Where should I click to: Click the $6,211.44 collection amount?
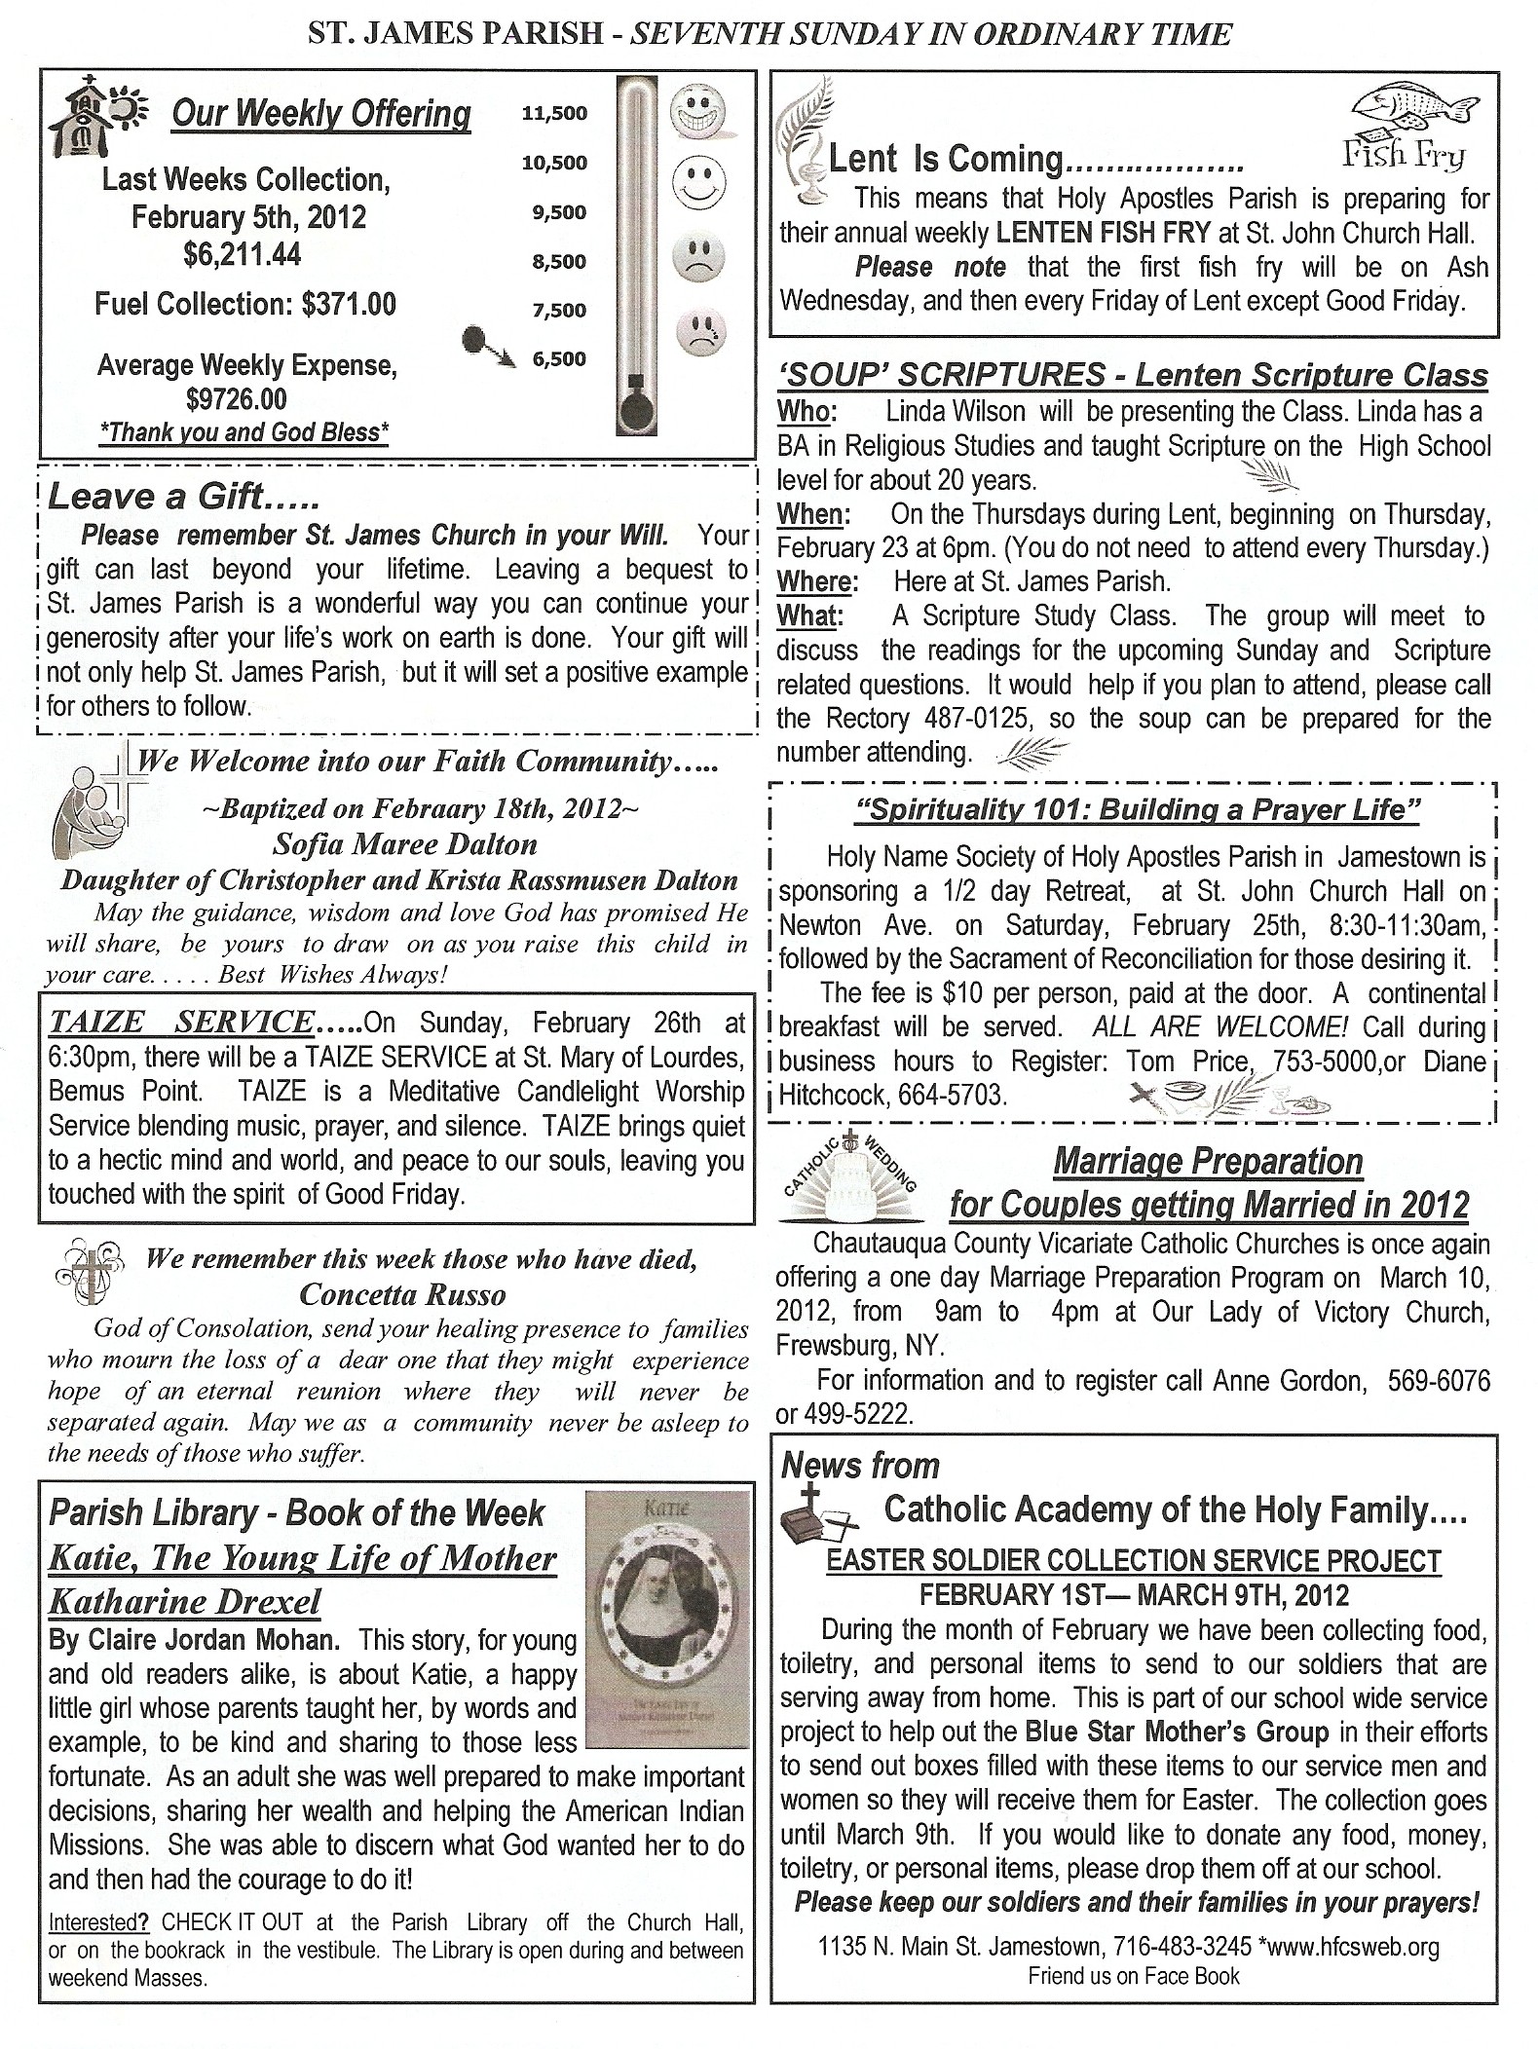[243, 255]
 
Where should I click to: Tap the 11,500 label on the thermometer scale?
[554, 113]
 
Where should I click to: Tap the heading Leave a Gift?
[183, 497]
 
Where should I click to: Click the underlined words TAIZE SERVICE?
[180, 1023]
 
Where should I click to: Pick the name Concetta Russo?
[402, 1294]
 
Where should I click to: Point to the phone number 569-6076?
[1434, 1381]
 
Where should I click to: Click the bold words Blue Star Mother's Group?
[1177, 1732]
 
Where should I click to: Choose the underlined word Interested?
[98, 1922]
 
